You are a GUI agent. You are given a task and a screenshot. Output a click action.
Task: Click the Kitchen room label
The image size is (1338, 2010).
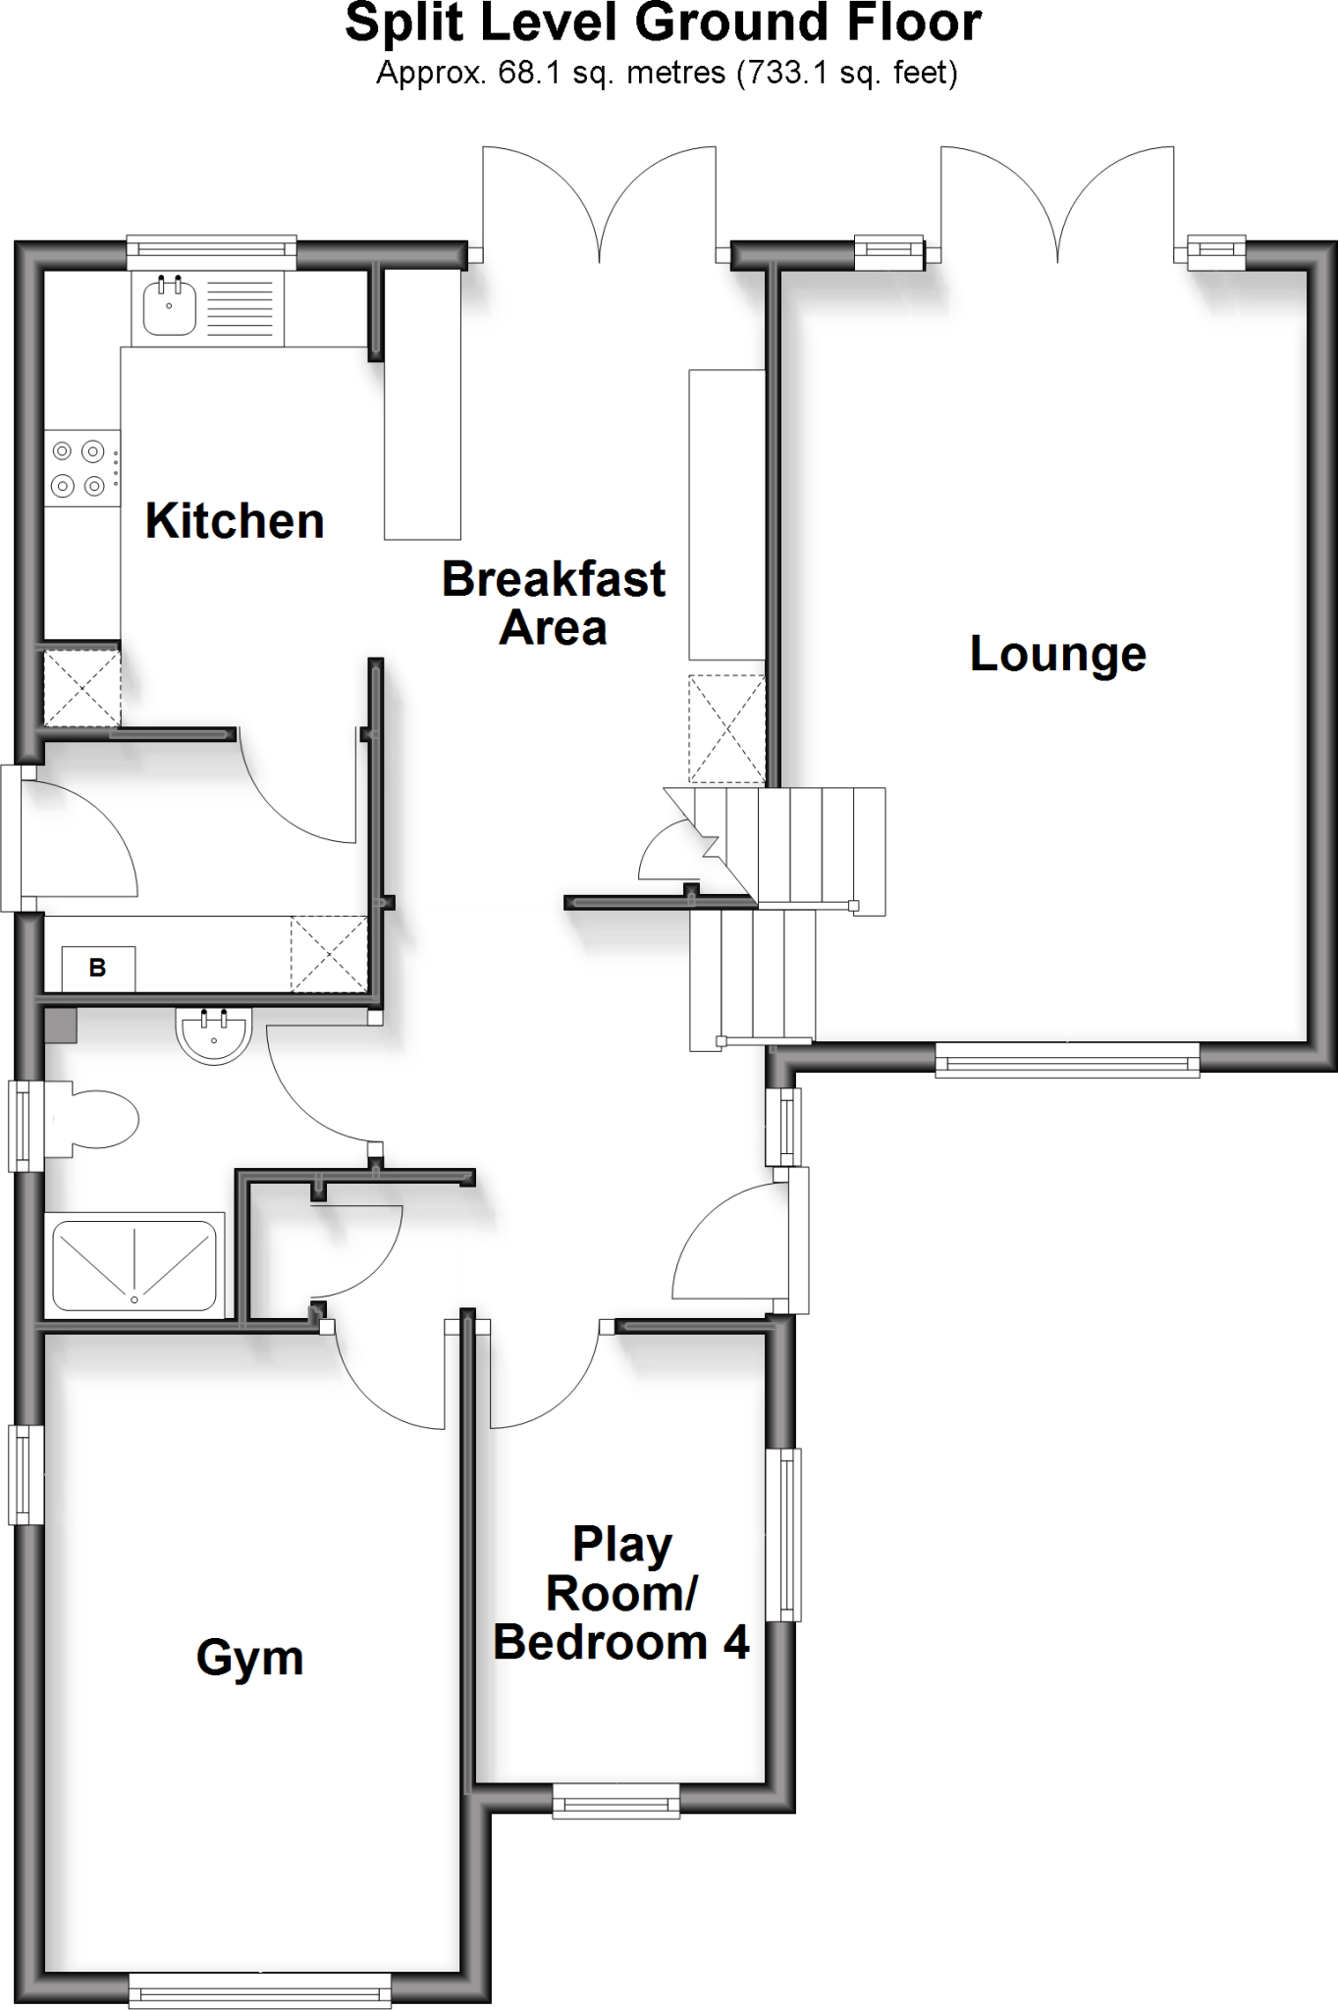click(x=235, y=521)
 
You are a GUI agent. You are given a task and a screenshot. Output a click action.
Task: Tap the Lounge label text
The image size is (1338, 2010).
click(x=1057, y=655)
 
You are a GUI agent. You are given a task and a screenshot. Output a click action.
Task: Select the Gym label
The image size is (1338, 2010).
click(x=249, y=1658)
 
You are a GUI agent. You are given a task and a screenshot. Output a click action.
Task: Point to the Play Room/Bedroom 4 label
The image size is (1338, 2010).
click(x=620, y=1594)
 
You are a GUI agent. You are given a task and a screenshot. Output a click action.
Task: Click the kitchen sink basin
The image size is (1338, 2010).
click(x=169, y=304)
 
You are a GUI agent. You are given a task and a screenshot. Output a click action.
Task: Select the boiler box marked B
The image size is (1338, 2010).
click(x=98, y=969)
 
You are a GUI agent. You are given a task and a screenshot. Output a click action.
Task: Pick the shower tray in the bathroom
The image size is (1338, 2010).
click(x=134, y=1265)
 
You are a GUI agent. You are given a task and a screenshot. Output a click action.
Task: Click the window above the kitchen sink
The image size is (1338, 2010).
click(x=211, y=251)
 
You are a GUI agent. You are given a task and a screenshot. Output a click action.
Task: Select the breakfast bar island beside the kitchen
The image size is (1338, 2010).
click(x=422, y=404)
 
